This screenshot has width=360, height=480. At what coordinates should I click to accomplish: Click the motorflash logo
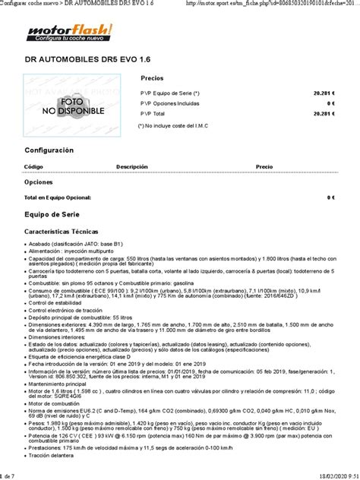pos(69,33)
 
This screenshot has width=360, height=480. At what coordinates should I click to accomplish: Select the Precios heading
pos(152,78)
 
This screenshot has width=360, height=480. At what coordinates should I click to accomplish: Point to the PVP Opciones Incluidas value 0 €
pos(331,103)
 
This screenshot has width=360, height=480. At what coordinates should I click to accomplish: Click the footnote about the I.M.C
pos(173,125)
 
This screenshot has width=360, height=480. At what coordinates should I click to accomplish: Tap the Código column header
pos(33,166)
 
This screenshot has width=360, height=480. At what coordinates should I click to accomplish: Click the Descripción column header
pos(131,166)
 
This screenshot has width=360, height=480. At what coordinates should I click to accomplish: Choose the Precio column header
pos(264,166)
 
